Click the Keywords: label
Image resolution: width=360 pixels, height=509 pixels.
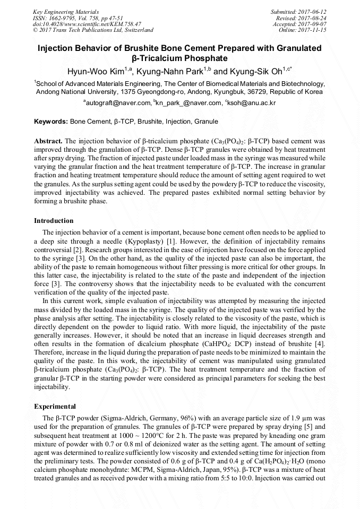tap(51, 122)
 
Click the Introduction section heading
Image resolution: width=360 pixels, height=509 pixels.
tap(54, 220)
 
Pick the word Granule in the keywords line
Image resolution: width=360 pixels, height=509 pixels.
tap(206, 122)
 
